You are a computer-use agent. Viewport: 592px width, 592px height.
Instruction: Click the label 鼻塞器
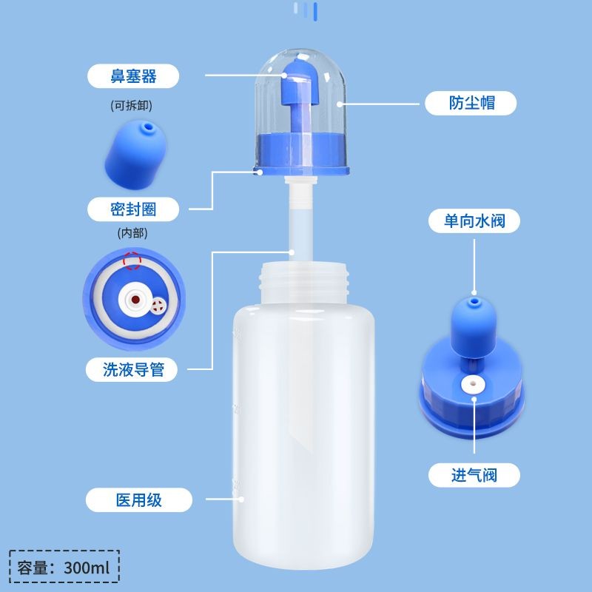point(133,75)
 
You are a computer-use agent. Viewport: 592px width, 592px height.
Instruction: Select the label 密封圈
point(133,209)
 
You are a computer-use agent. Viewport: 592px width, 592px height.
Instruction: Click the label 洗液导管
point(133,369)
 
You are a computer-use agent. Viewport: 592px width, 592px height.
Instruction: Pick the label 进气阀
point(474,474)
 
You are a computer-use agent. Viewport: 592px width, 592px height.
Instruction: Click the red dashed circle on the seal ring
point(132,260)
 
